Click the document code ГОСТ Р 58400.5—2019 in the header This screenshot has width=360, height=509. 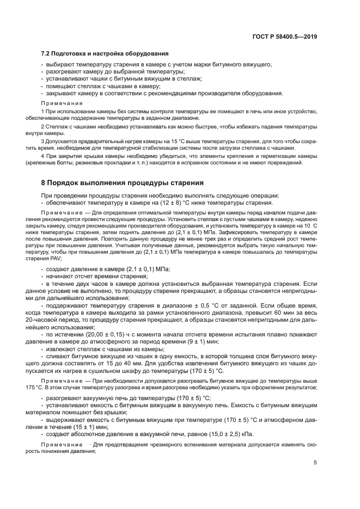(285, 36)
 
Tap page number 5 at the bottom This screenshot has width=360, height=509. (315, 463)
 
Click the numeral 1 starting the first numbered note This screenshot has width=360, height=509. (43, 112)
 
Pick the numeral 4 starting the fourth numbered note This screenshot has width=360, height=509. (43, 155)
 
